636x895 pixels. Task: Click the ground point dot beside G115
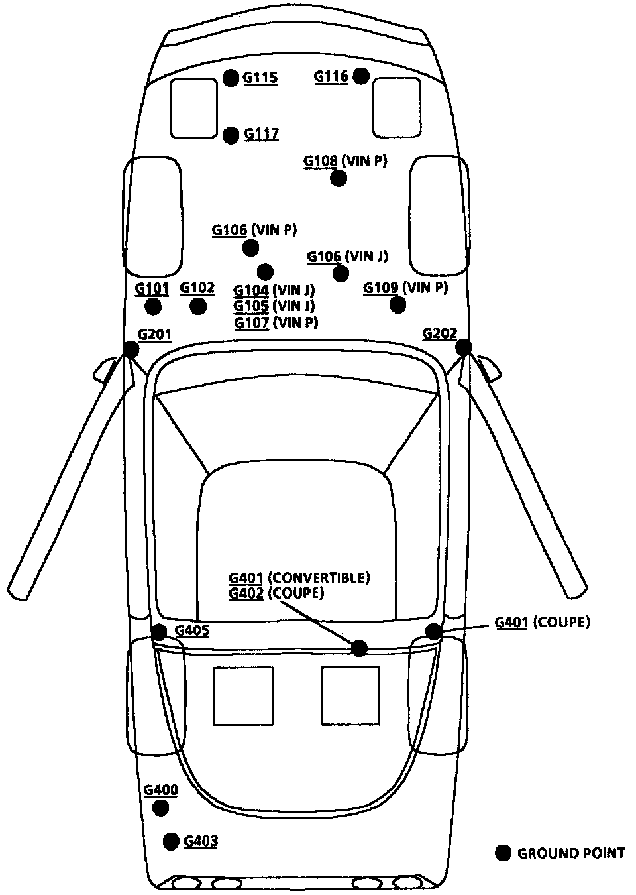point(230,78)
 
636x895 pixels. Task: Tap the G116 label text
point(331,76)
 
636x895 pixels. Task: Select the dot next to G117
point(231,135)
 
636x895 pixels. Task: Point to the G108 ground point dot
point(339,178)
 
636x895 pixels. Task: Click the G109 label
point(381,288)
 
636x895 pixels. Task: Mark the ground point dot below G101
point(153,306)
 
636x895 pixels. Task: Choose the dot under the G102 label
point(197,306)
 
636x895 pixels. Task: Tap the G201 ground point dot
point(131,349)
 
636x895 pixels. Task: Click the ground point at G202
point(463,347)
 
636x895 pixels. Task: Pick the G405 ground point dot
point(159,631)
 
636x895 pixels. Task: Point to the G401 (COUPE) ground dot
point(433,631)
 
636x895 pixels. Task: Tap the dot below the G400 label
point(160,808)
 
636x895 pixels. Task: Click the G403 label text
point(201,841)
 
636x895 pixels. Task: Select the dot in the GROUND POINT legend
point(503,853)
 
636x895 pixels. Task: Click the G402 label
point(246,593)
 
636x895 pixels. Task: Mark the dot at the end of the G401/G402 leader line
point(359,648)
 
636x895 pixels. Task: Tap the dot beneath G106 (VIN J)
point(341,273)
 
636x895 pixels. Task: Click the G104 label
point(251,290)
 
